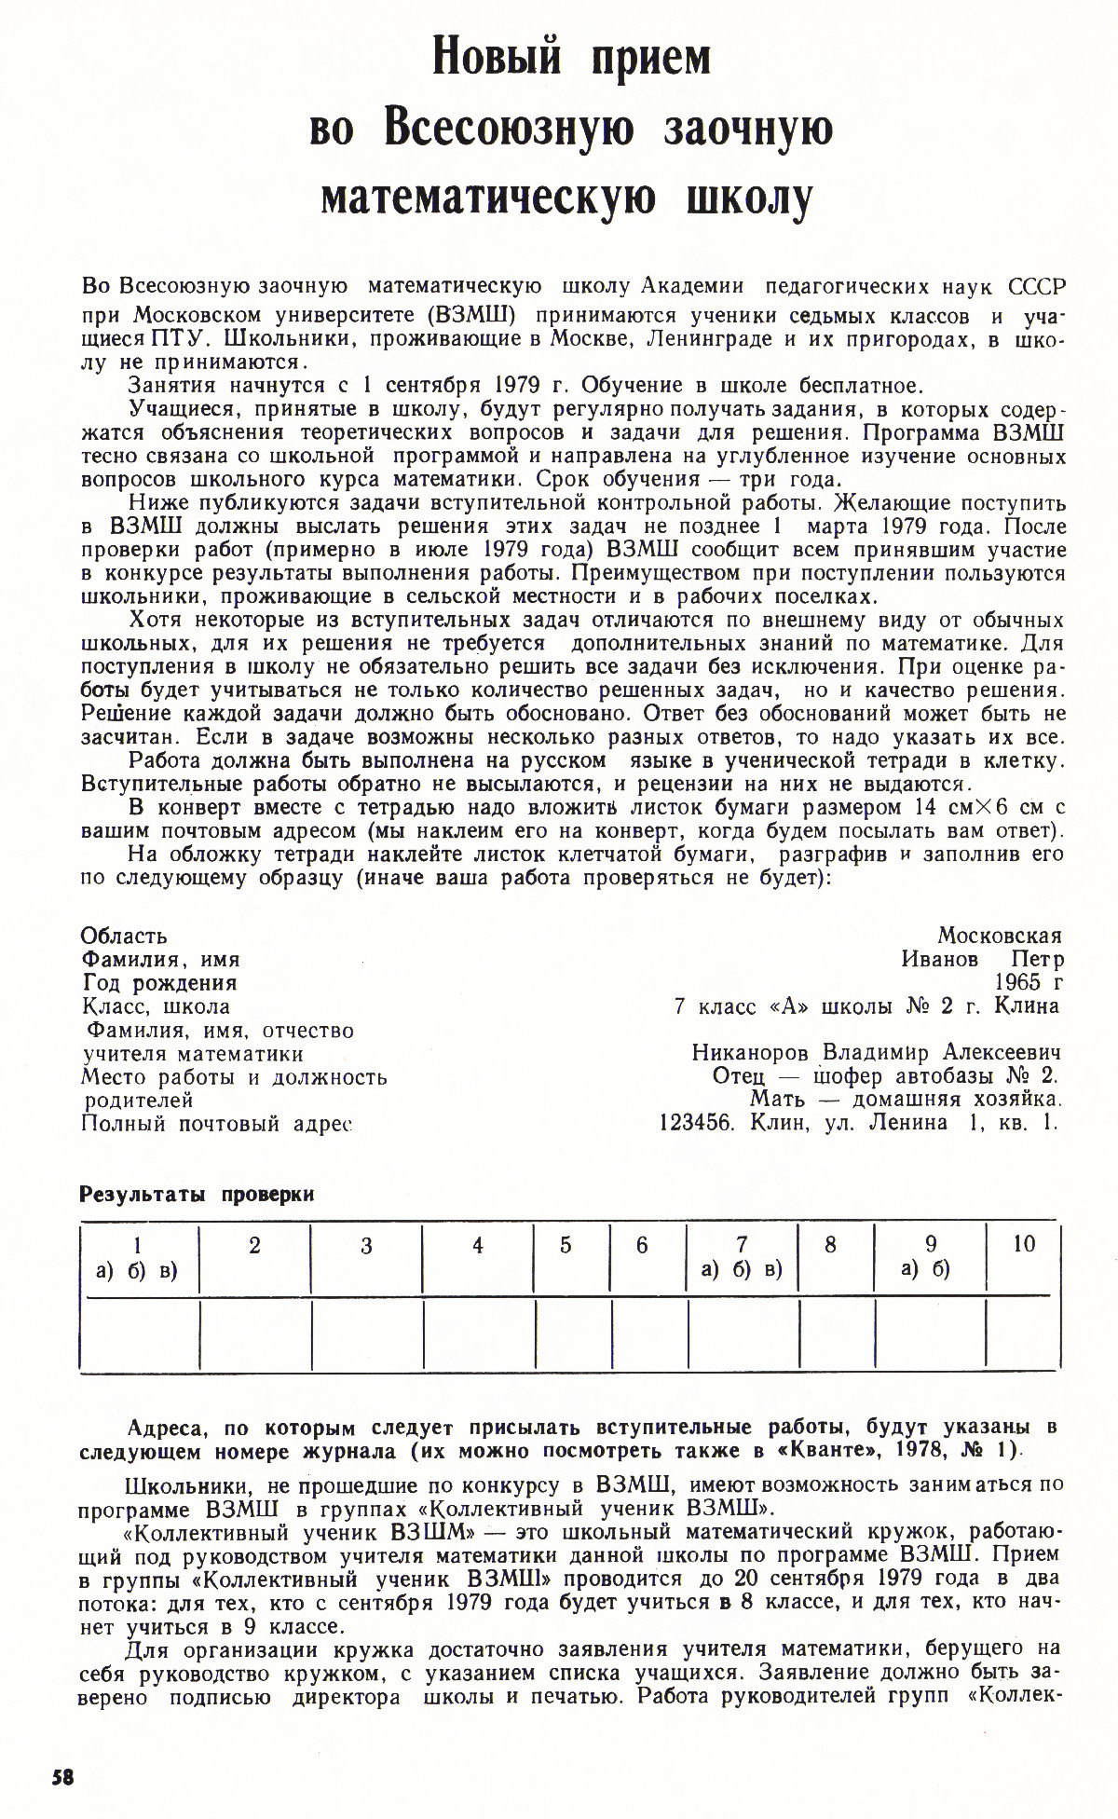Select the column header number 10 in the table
click(x=1023, y=1244)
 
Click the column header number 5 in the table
click(x=566, y=1246)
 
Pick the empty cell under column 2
click(x=255, y=1334)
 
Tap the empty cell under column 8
click(x=836, y=1334)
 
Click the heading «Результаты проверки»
click(x=198, y=1195)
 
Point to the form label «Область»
click(x=125, y=936)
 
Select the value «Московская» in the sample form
click(x=1000, y=936)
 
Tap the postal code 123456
click(x=699, y=1122)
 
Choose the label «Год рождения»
click(x=159, y=982)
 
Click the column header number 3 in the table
click(x=366, y=1246)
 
